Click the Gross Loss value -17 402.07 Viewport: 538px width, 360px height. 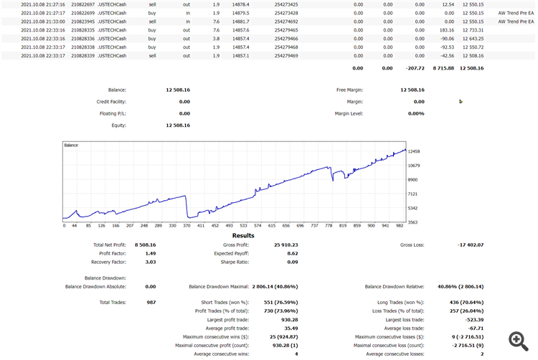point(471,245)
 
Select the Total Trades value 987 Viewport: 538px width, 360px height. point(151,303)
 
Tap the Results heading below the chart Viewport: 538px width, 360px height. point(242,235)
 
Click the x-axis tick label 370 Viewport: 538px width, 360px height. point(187,225)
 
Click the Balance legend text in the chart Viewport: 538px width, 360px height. point(71,145)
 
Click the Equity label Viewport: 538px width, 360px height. point(118,125)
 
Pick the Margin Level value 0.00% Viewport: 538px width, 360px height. point(416,113)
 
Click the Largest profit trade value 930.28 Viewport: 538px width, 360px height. point(287,319)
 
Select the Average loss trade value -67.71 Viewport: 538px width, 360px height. point(473,328)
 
